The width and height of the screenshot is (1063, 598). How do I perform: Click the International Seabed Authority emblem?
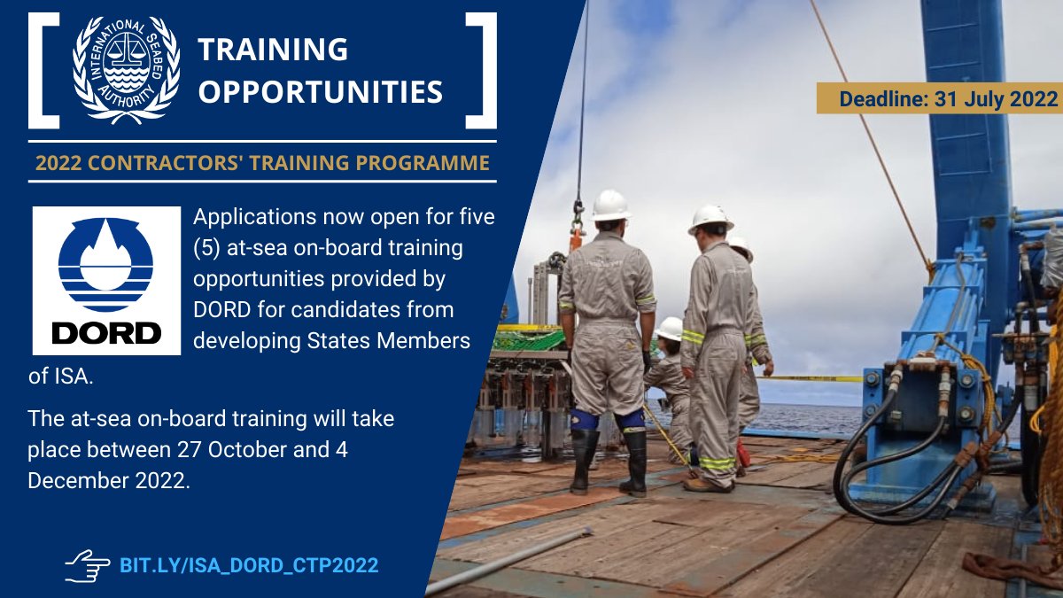point(127,70)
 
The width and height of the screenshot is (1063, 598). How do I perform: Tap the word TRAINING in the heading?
point(273,50)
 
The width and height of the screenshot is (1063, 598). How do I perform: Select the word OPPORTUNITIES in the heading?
point(320,90)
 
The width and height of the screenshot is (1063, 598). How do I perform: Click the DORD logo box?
point(106,281)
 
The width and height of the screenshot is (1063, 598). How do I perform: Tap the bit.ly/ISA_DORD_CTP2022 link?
point(249,564)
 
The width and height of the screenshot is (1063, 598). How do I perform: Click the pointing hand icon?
point(87,564)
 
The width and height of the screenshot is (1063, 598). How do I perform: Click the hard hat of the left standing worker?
point(610,206)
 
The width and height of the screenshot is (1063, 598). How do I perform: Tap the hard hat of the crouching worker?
point(670,329)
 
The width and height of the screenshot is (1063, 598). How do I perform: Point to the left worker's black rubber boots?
point(609,461)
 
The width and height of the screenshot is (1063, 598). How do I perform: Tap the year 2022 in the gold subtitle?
point(58,163)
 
